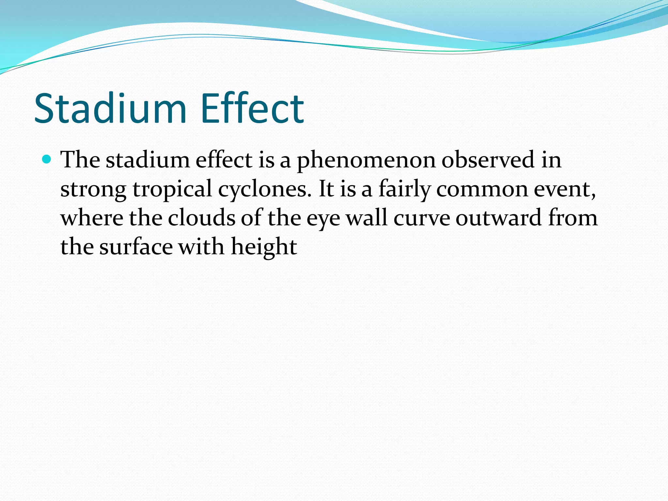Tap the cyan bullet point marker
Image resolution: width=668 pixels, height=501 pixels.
pyautogui.click(x=47, y=159)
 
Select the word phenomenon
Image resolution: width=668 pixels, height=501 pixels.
pyautogui.click(x=366, y=160)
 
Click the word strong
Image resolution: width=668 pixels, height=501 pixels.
pyautogui.click(x=93, y=190)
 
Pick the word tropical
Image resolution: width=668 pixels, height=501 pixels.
pyautogui.click(x=173, y=190)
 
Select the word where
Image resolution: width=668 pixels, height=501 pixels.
pyautogui.click(x=92, y=218)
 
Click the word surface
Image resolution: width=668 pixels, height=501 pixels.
pyautogui.click(x=136, y=247)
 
